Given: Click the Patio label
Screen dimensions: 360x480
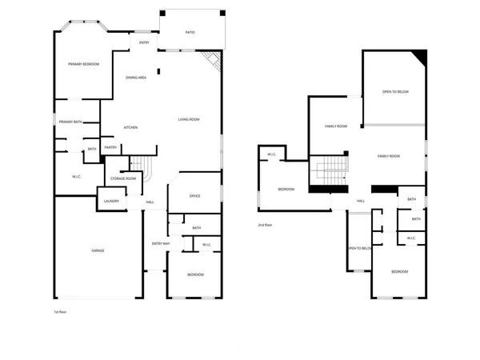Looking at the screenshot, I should coord(190,32).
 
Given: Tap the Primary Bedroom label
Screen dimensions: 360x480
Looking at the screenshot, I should coord(83,64).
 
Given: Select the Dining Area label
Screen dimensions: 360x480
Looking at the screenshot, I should coord(136,78).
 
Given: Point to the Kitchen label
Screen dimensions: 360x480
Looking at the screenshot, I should coord(131,128).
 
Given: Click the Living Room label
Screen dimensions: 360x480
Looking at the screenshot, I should coord(189,120).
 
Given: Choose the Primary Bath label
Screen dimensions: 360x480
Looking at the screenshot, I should coord(70,122).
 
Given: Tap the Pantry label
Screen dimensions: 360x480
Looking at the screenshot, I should coord(111,147).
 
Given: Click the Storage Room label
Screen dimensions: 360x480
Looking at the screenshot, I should coord(124,178).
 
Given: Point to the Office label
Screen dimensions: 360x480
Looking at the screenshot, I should coord(194,196).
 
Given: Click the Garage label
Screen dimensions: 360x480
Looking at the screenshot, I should coord(98,250).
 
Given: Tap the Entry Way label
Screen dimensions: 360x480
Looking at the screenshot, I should coord(161,243).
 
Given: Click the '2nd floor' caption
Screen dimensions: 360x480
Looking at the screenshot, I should coord(266,226).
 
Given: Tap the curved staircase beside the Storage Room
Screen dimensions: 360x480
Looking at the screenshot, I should coord(146,168).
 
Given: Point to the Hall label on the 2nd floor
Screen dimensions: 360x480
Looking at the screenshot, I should coord(361,201).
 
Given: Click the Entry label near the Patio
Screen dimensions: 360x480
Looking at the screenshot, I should coord(144,42).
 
